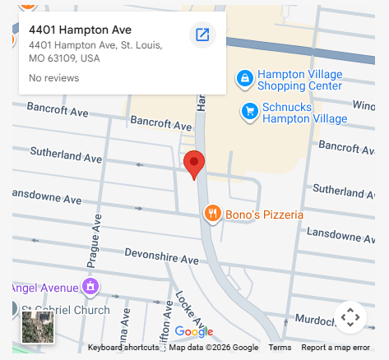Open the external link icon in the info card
(x=202, y=35)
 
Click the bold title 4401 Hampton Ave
(x=80, y=30)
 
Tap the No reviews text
(x=53, y=78)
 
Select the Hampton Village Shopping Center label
(x=299, y=79)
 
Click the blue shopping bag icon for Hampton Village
(x=243, y=78)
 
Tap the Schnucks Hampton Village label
(x=304, y=112)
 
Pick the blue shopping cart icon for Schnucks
(x=249, y=110)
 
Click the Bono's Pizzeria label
(x=264, y=215)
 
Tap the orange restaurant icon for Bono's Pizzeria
(x=212, y=215)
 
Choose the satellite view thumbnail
(x=38, y=327)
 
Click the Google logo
(x=193, y=332)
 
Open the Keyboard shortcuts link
(x=123, y=348)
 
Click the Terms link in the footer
(x=280, y=348)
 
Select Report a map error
(x=336, y=348)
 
